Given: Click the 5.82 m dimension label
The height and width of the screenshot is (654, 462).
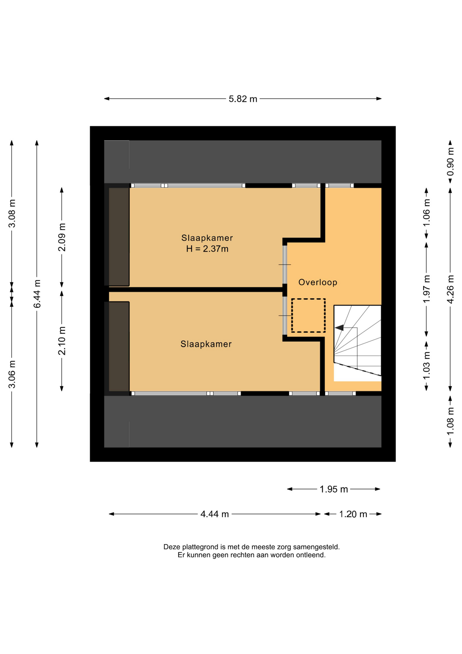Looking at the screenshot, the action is point(243,99).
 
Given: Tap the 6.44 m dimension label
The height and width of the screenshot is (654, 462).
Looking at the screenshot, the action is point(37,294).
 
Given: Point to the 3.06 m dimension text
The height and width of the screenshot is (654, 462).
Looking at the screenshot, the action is point(12,374).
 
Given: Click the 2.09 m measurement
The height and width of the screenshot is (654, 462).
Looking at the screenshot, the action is point(62,237).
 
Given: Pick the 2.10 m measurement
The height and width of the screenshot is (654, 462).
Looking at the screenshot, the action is point(62,341).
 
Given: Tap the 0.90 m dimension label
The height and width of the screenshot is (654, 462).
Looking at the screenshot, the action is point(450,161).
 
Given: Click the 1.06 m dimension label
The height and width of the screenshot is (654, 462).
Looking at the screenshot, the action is point(426,213).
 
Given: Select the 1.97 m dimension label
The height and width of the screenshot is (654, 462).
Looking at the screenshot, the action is point(426,289).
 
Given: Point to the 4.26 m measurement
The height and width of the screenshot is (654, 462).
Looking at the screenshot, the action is point(450,289).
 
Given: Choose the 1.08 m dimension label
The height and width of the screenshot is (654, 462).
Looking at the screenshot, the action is point(450,421).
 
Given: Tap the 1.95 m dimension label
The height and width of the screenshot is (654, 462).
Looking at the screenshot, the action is point(334,489).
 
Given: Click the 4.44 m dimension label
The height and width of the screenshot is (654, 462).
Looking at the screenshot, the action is point(215,514).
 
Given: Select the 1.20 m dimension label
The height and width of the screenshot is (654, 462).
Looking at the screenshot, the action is point(353,514).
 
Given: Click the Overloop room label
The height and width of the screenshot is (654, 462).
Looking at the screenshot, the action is point(318,282).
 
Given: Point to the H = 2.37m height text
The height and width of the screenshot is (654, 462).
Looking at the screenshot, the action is point(207,249).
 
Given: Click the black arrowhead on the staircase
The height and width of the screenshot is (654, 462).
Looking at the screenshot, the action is point(339,328).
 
